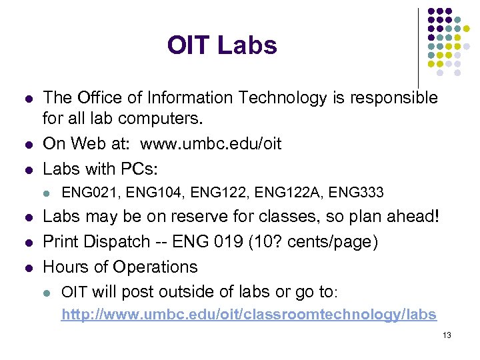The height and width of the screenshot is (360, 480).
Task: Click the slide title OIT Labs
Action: [x=222, y=45]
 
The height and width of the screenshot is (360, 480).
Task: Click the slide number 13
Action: [x=447, y=335]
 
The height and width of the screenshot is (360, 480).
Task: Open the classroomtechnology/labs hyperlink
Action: [x=249, y=314]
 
